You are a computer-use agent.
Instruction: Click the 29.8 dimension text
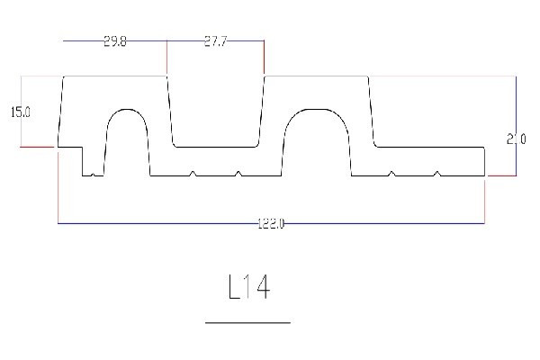pyautogui.click(x=114, y=42)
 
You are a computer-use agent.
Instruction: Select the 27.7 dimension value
pyautogui.click(x=215, y=42)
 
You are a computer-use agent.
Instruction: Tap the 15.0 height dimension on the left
pyautogui.click(x=20, y=112)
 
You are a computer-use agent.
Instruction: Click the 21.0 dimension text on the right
pyautogui.click(x=516, y=139)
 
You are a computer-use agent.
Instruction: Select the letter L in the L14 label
pyautogui.click(x=234, y=288)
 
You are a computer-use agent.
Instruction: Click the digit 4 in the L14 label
pyautogui.click(x=262, y=288)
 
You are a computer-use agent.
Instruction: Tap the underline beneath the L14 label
pyautogui.click(x=247, y=321)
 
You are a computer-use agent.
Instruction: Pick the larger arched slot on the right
pyautogui.click(x=317, y=139)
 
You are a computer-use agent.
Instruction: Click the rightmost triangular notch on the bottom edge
pyautogui.click(x=436, y=173)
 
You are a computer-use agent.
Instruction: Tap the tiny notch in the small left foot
pyautogui.click(x=94, y=174)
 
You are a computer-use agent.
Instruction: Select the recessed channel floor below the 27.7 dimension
pyautogui.click(x=216, y=146)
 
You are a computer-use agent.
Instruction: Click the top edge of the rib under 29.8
pyautogui.click(x=114, y=76)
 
